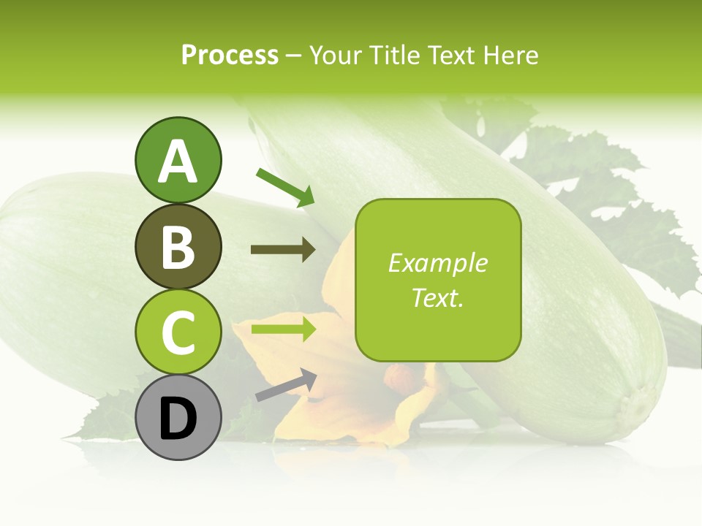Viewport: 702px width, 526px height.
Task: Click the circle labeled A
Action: (178, 160)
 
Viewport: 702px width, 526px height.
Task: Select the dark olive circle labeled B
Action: (178, 246)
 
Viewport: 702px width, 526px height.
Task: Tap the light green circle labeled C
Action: (178, 332)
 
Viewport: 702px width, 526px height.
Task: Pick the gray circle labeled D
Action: (178, 417)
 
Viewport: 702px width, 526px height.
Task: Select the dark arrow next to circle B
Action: (283, 250)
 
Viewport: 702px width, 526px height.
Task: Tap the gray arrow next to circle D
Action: (286, 384)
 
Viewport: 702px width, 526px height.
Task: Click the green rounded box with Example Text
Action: (438, 280)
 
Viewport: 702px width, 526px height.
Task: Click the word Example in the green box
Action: (437, 263)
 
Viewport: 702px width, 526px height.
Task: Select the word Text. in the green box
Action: (437, 297)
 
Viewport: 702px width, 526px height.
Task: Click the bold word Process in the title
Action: (230, 55)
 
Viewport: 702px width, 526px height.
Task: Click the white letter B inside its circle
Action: (178, 247)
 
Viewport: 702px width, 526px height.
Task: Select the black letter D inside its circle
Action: (178, 418)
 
